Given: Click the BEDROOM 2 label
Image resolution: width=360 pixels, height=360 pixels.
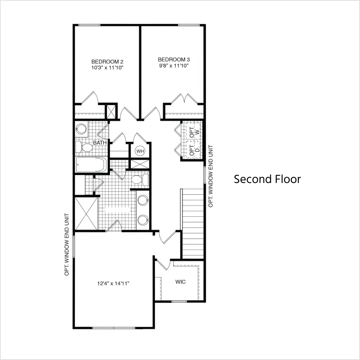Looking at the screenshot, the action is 107,61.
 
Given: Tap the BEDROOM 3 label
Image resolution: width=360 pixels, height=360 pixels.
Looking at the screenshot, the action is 174,60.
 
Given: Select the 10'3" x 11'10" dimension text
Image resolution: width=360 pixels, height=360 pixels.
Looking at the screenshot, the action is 108,68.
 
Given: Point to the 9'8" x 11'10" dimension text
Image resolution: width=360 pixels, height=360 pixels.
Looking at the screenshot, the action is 174,66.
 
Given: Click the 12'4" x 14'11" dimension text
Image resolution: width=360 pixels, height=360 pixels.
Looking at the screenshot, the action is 113,283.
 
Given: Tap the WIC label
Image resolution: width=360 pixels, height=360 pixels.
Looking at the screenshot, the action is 180,282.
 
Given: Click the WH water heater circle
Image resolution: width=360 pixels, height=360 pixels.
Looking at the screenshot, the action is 140,151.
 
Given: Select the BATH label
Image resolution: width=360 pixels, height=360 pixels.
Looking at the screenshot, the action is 100,142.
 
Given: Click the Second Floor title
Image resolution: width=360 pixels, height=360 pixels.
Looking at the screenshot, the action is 267,179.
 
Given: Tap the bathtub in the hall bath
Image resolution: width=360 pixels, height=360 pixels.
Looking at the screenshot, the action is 91,165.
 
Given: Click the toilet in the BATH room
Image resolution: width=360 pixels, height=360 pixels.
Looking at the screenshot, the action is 84,147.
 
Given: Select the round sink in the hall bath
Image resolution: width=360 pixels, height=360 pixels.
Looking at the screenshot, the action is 81,129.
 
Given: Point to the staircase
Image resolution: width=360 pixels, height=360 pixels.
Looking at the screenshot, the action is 193,223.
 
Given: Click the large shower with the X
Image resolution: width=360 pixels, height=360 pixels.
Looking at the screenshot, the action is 86,213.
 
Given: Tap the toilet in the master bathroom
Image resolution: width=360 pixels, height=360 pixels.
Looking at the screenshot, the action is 140,180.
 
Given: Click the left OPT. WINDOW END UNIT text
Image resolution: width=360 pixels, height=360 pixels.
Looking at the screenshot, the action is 67,244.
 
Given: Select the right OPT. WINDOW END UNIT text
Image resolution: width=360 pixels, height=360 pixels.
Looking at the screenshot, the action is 211,176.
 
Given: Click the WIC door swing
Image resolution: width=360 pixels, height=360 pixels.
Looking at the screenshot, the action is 163,264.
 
